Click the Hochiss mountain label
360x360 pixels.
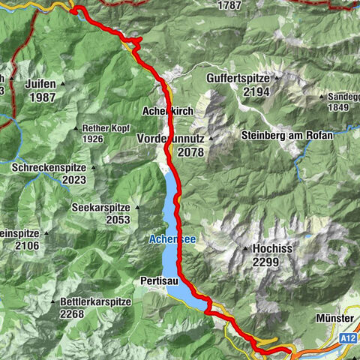(x=271, y=249)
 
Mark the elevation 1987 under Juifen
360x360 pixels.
(x=41, y=97)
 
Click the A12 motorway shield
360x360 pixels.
(x=345, y=319)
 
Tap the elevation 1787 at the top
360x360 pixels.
(x=228, y=5)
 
